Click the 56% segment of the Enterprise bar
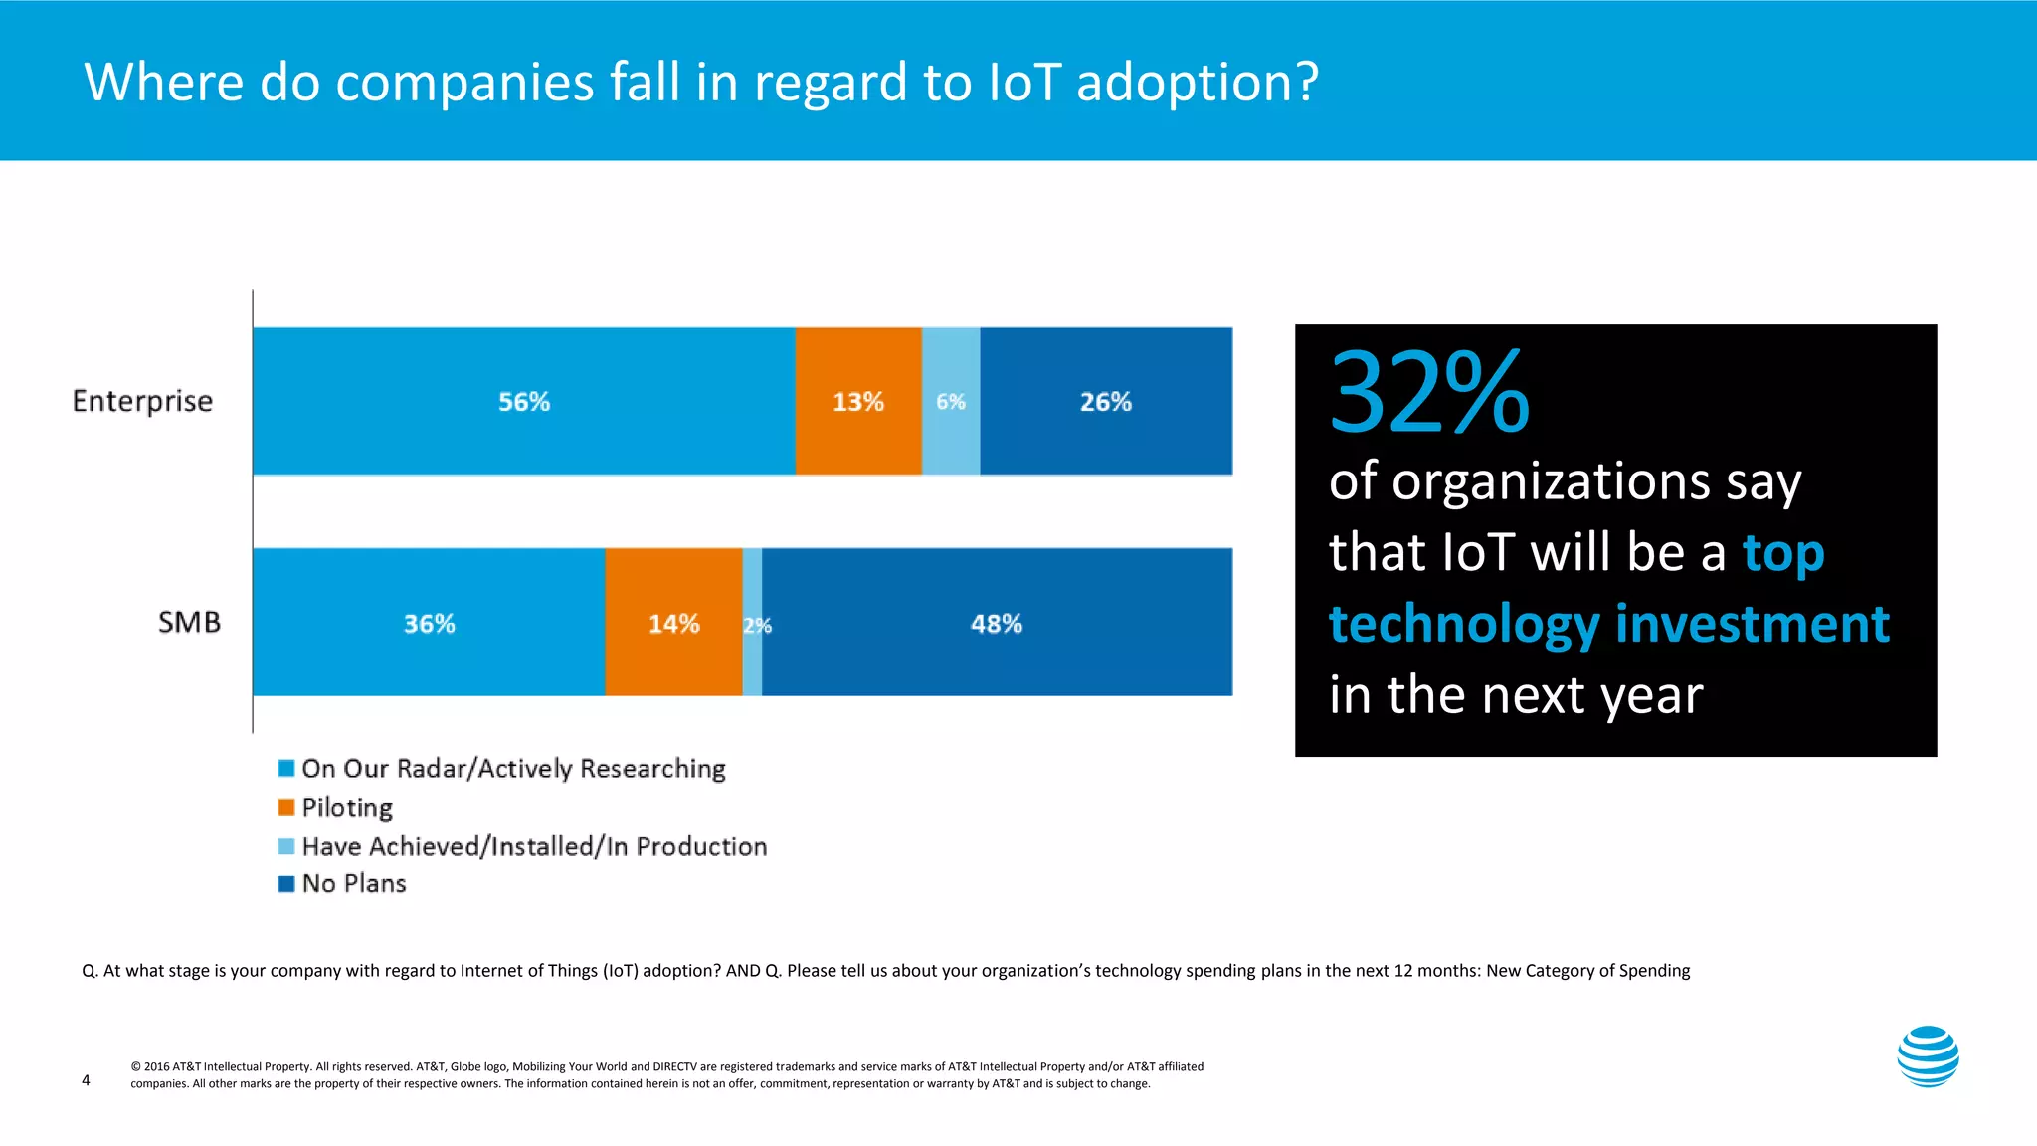[x=523, y=401]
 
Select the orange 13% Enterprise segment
[x=857, y=401]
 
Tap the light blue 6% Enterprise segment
[x=951, y=401]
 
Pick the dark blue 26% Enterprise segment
[x=1105, y=401]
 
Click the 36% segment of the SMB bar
[x=429, y=623]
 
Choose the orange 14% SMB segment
[x=673, y=623]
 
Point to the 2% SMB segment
[x=753, y=624]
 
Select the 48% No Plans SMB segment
[x=996, y=623]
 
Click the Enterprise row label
[x=142, y=401]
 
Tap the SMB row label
[x=189, y=623]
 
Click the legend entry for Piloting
[x=346, y=807]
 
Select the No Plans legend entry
[x=353, y=883]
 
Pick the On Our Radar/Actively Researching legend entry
[x=512, y=769]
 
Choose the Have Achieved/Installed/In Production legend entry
[x=533, y=846]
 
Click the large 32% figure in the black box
[x=1428, y=393]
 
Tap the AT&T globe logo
[x=1928, y=1056]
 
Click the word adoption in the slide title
[x=1198, y=82]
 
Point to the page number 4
[x=86, y=1080]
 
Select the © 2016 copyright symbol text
[x=135, y=1066]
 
